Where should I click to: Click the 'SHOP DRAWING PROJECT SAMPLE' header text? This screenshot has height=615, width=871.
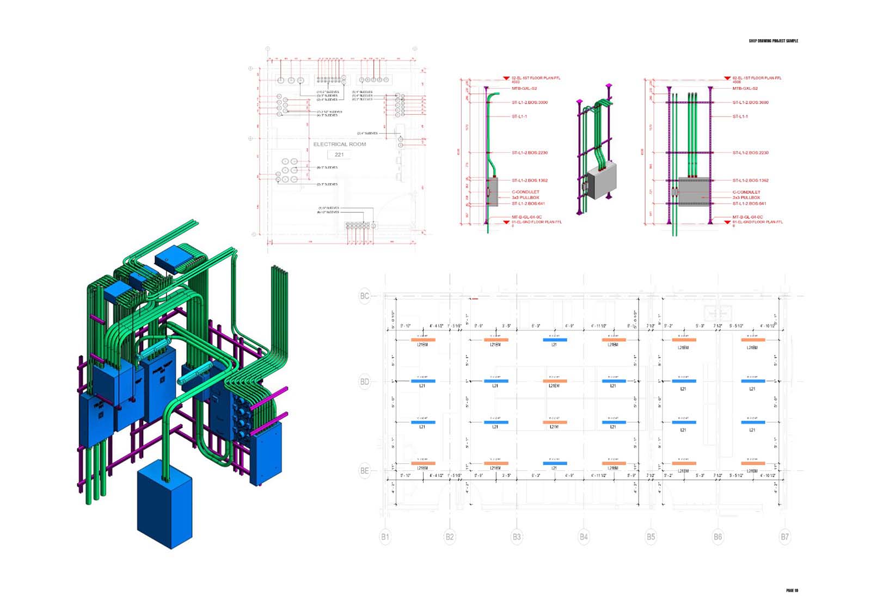pos(773,41)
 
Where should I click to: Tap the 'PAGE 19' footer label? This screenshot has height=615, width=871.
pos(792,591)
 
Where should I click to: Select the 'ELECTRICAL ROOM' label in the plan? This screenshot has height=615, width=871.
pos(340,144)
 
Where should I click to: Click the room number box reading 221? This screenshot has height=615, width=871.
pos(339,155)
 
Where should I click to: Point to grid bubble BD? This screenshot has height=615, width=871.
pos(365,382)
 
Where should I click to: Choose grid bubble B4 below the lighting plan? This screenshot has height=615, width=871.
pos(584,537)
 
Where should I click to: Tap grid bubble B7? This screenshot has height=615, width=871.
pos(784,537)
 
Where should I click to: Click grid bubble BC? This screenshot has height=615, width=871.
pos(365,296)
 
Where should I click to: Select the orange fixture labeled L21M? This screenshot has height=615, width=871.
pos(555,422)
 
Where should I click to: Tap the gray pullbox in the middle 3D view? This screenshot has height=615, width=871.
pos(602,180)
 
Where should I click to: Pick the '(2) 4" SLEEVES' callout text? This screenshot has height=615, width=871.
pos(367,133)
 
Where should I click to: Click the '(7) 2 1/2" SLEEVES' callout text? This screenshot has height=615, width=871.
pos(329,112)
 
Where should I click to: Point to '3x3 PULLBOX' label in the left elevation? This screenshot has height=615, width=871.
pos(525,198)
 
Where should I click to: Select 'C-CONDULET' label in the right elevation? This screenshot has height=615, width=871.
pos(746,192)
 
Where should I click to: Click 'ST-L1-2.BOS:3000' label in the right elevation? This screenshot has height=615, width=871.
pos(751,102)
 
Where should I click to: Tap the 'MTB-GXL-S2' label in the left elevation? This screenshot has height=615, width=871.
pos(524,88)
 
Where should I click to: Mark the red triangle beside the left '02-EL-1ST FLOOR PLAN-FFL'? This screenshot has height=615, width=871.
pos(506,78)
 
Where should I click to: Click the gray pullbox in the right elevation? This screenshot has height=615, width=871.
pos(694,192)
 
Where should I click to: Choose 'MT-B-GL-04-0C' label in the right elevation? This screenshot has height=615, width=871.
pos(747,217)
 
